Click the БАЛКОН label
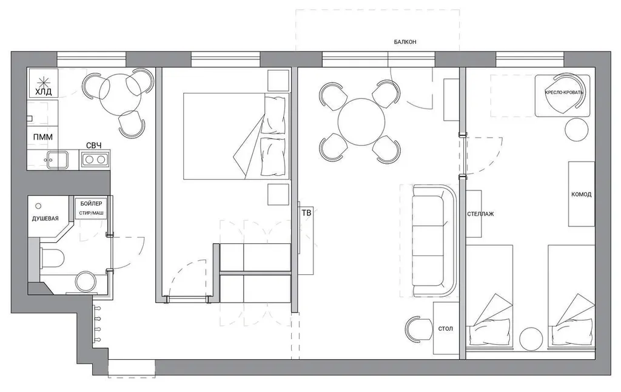point(404,42)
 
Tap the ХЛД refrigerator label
point(43,92)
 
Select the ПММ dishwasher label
point(43,137)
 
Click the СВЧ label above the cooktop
point(94,146)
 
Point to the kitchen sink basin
point(57,160)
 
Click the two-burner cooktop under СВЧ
point(95,160)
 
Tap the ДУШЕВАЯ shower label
point(45,218)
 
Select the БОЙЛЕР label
point(91,203)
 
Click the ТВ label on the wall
point(306,213)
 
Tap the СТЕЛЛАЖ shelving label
point(480,214)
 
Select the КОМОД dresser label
point(582,194)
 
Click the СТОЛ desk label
point(446,328)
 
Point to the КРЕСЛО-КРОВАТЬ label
point(564,92)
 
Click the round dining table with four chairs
point(361,122)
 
